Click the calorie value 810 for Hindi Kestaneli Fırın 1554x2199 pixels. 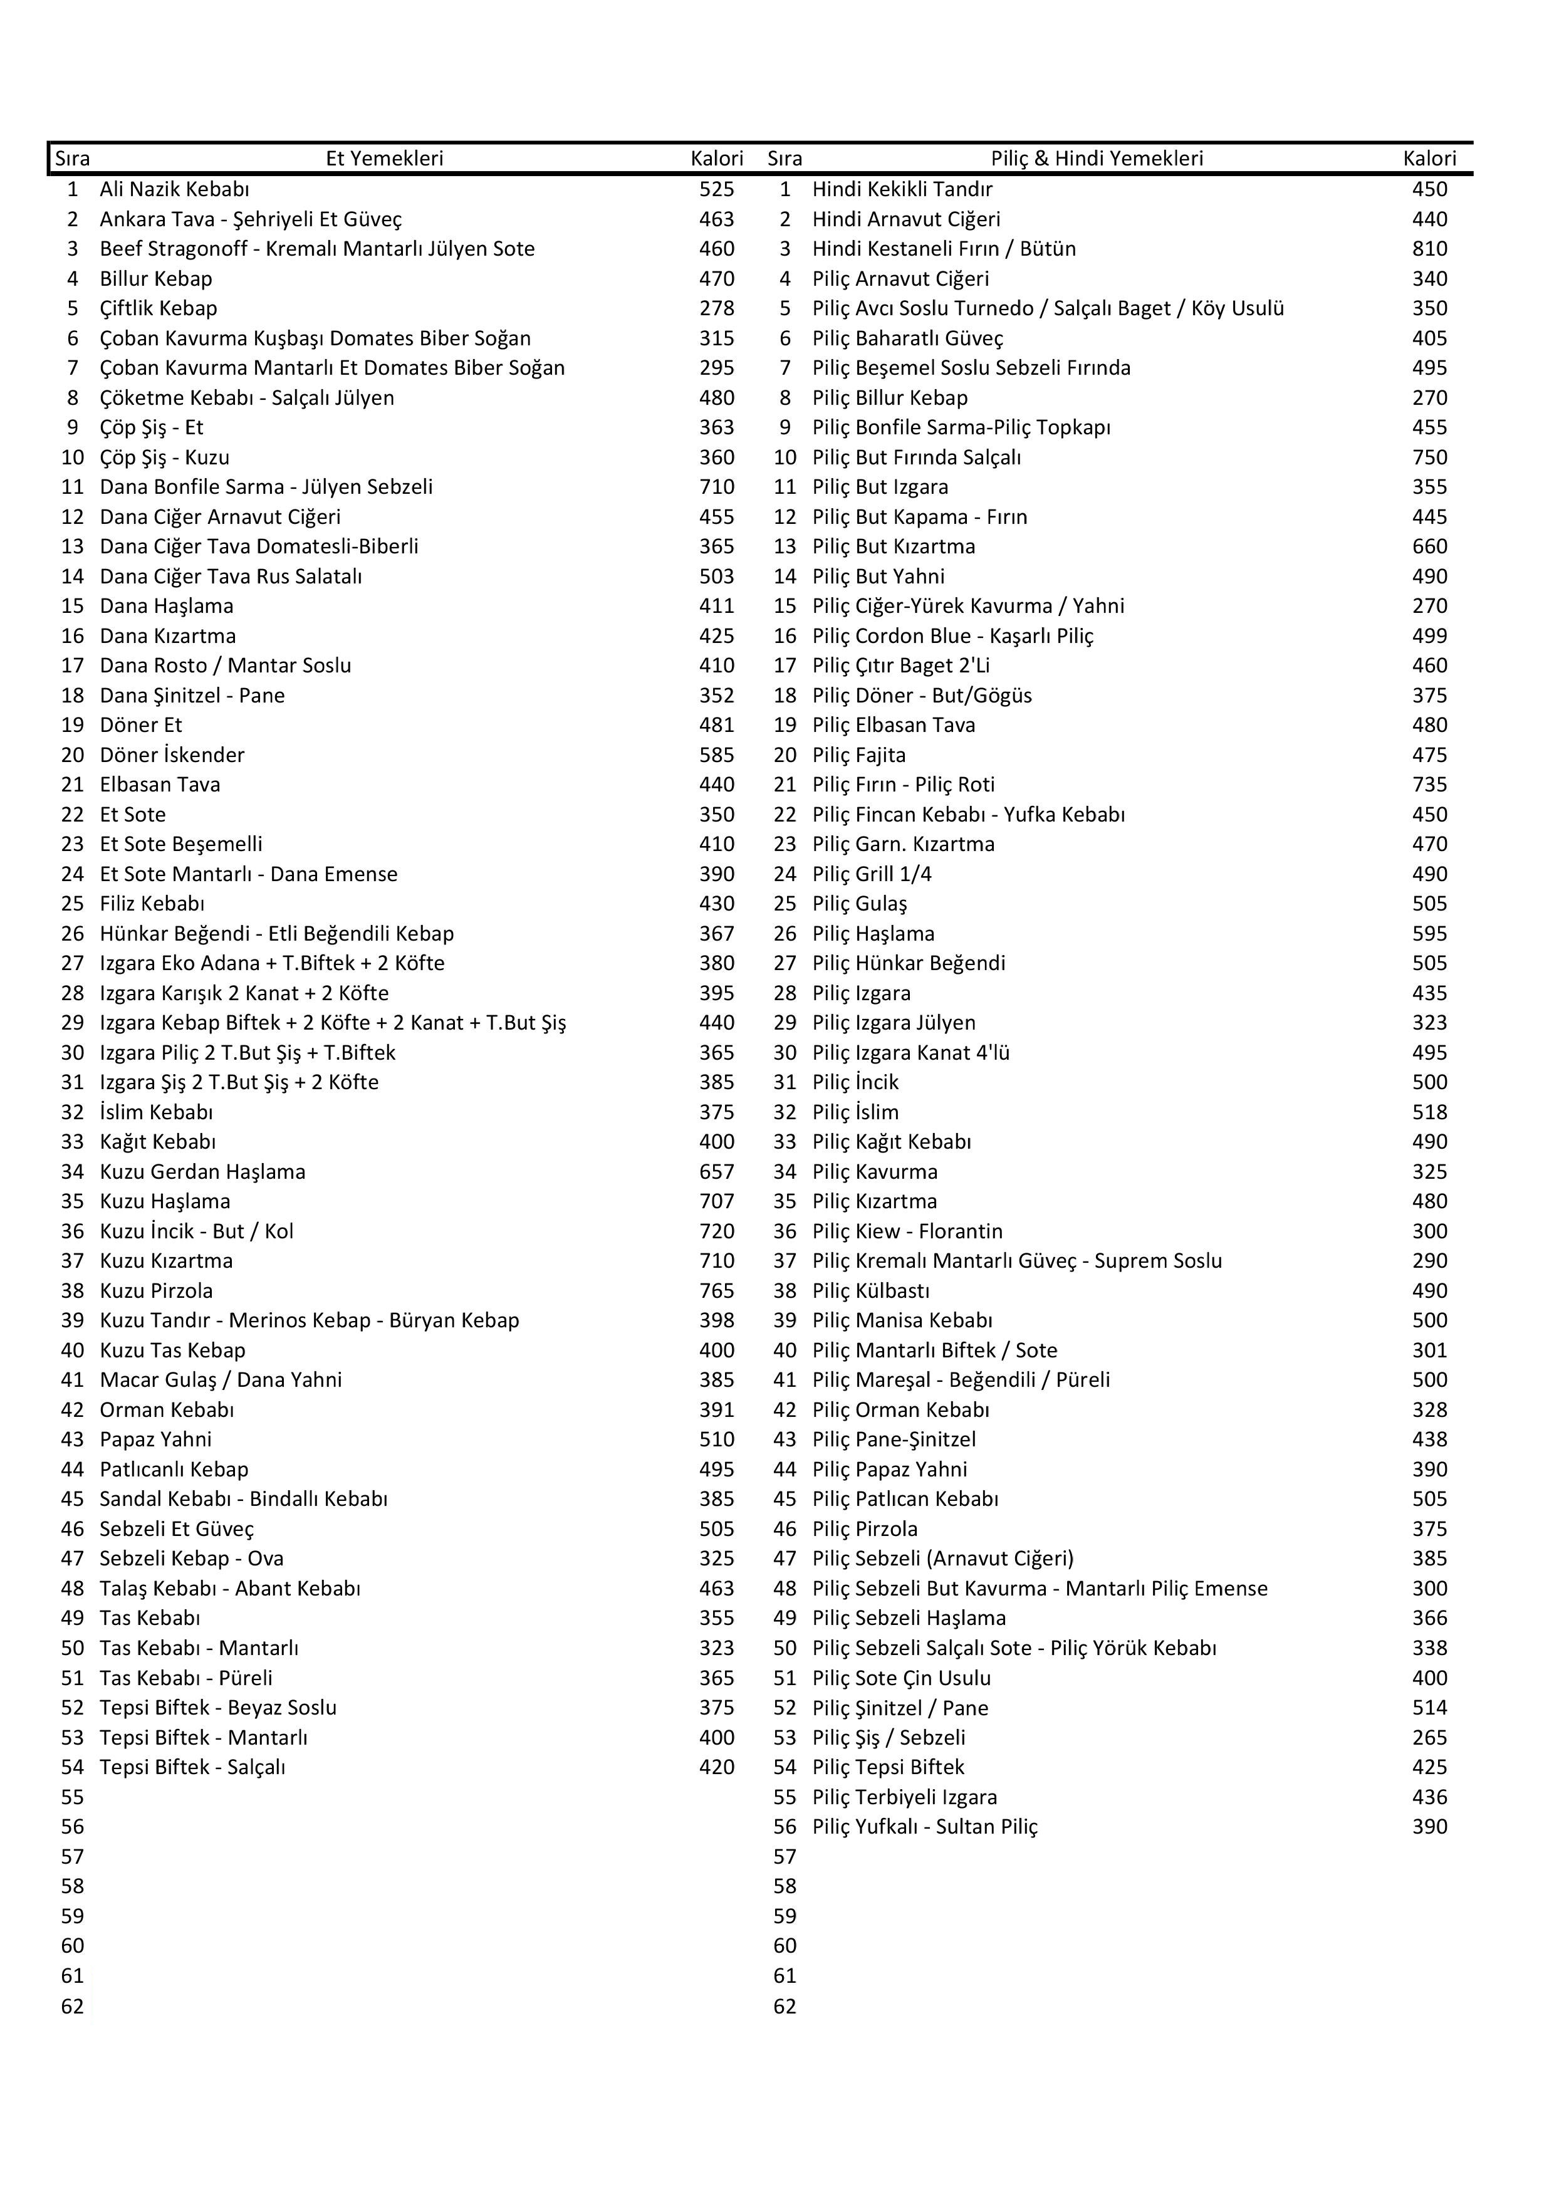[1429, 249]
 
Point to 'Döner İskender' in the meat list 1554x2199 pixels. [172, 755]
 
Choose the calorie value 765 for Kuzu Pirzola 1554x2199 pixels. [716, 1290]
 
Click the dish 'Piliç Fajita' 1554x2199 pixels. [859, 755]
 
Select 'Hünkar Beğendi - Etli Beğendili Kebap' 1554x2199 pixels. [277, 933]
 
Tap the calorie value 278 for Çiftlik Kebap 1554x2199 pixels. [716, 308]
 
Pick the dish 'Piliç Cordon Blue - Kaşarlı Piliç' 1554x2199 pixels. [952, 636]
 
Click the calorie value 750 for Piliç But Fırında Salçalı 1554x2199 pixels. [1429, 458]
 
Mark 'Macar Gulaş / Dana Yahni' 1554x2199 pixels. [220, 1379]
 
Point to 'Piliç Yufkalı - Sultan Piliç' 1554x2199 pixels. [925, 1826]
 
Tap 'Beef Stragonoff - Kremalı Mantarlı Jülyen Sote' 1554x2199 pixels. [317, 249]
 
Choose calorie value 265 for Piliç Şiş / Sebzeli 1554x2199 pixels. [1429, 1737]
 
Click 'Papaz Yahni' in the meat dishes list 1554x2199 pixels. [155, 1439]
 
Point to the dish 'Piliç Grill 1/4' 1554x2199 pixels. [872, 874]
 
